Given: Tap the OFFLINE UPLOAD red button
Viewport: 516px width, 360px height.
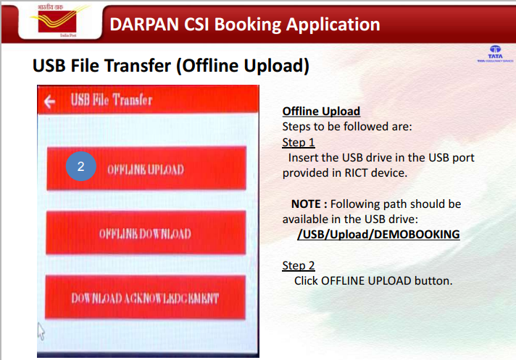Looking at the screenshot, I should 146,169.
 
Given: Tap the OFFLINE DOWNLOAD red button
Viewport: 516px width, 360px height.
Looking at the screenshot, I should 146,233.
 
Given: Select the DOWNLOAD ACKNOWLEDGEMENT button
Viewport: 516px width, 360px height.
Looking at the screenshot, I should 146,298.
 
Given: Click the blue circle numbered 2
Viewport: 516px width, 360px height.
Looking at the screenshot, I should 81,167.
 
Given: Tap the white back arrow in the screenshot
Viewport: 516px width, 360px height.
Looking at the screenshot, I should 50,102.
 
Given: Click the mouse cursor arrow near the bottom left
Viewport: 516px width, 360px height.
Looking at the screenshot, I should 41,332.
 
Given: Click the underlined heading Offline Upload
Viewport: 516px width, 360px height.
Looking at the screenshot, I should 321,112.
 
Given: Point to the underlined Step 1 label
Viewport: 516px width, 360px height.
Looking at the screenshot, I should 299,143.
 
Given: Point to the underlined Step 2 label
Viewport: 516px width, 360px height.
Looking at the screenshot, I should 299,266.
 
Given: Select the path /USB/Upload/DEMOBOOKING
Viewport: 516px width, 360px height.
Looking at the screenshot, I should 378,235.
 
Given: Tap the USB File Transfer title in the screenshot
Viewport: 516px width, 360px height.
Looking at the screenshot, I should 111,101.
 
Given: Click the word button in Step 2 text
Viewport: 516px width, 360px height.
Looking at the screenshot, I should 433,280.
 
